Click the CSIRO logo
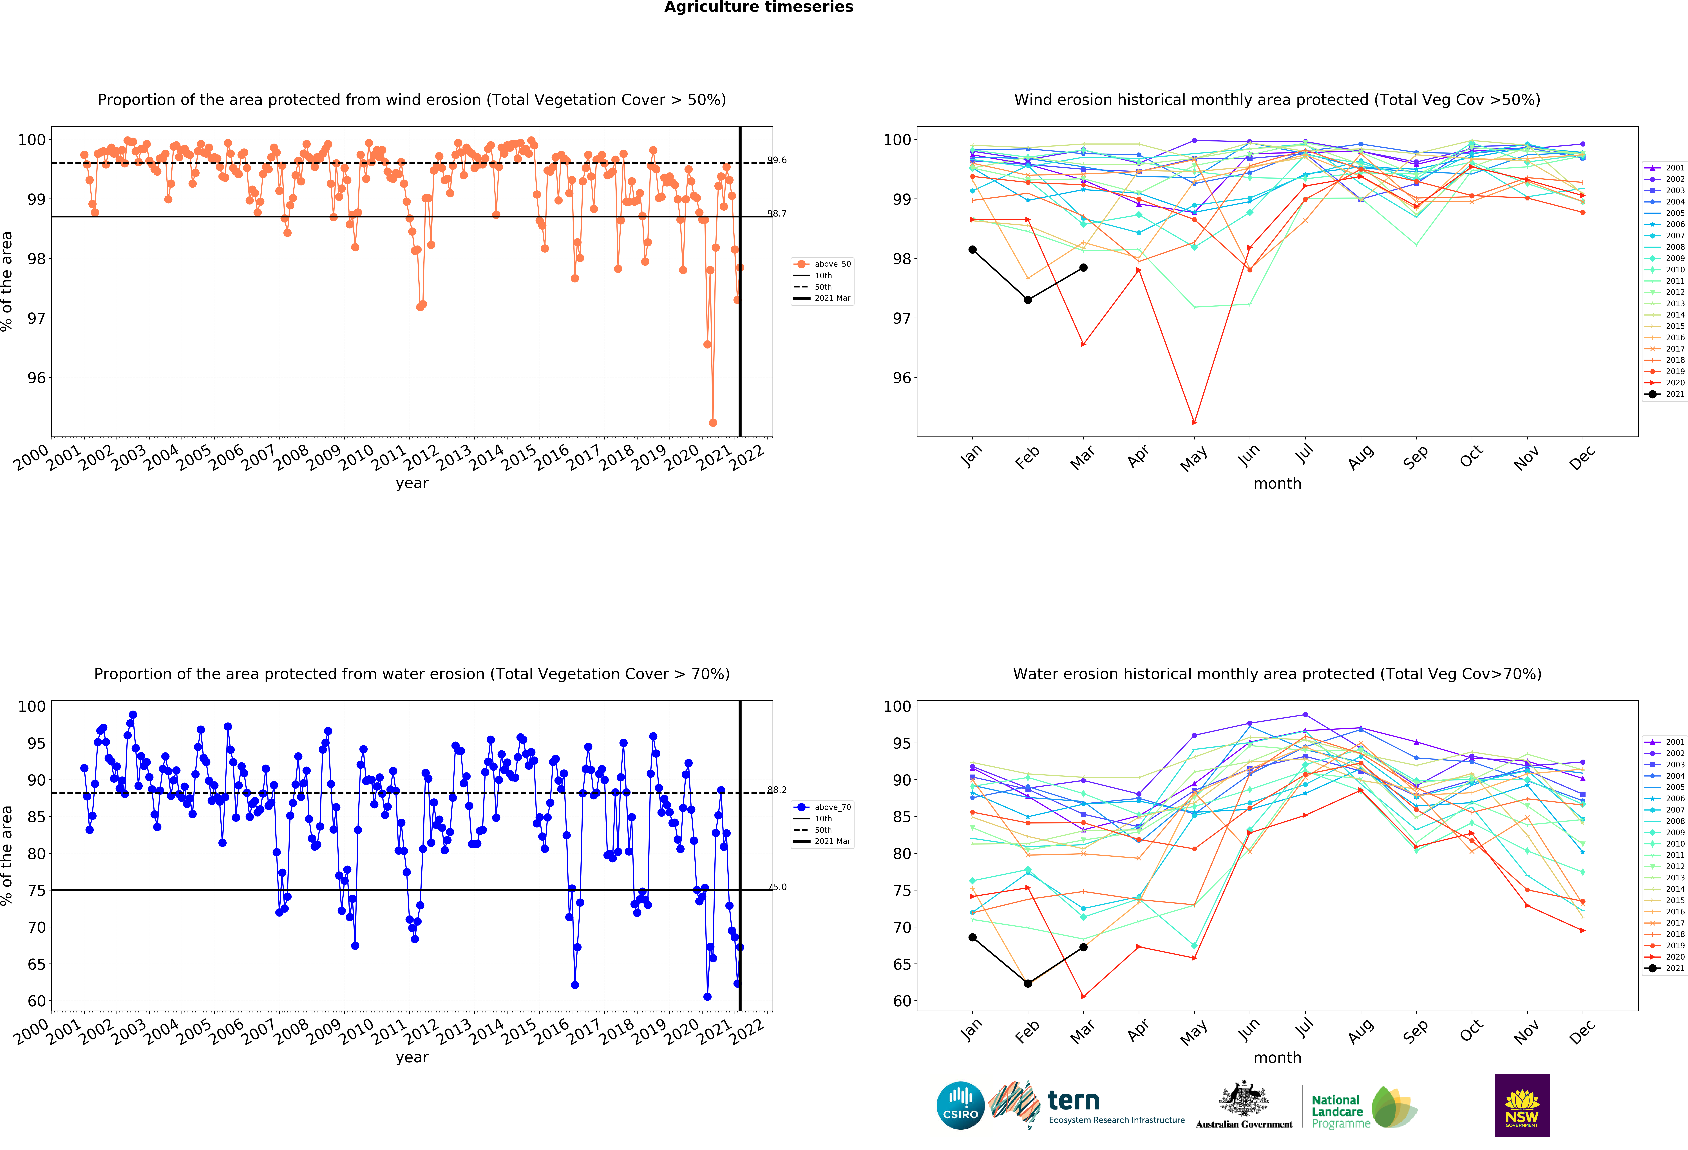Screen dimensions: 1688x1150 [960, 1106]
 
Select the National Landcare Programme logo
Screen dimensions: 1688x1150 [1364, 1107]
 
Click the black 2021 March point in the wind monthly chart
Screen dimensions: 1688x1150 [1083, 268]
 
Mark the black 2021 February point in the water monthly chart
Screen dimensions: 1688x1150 [1028, 984]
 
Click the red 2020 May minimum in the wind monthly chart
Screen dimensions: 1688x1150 [1194, 422]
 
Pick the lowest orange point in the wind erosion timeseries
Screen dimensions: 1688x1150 [713, 422]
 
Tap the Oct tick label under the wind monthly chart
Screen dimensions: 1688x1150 [1471, 457]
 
